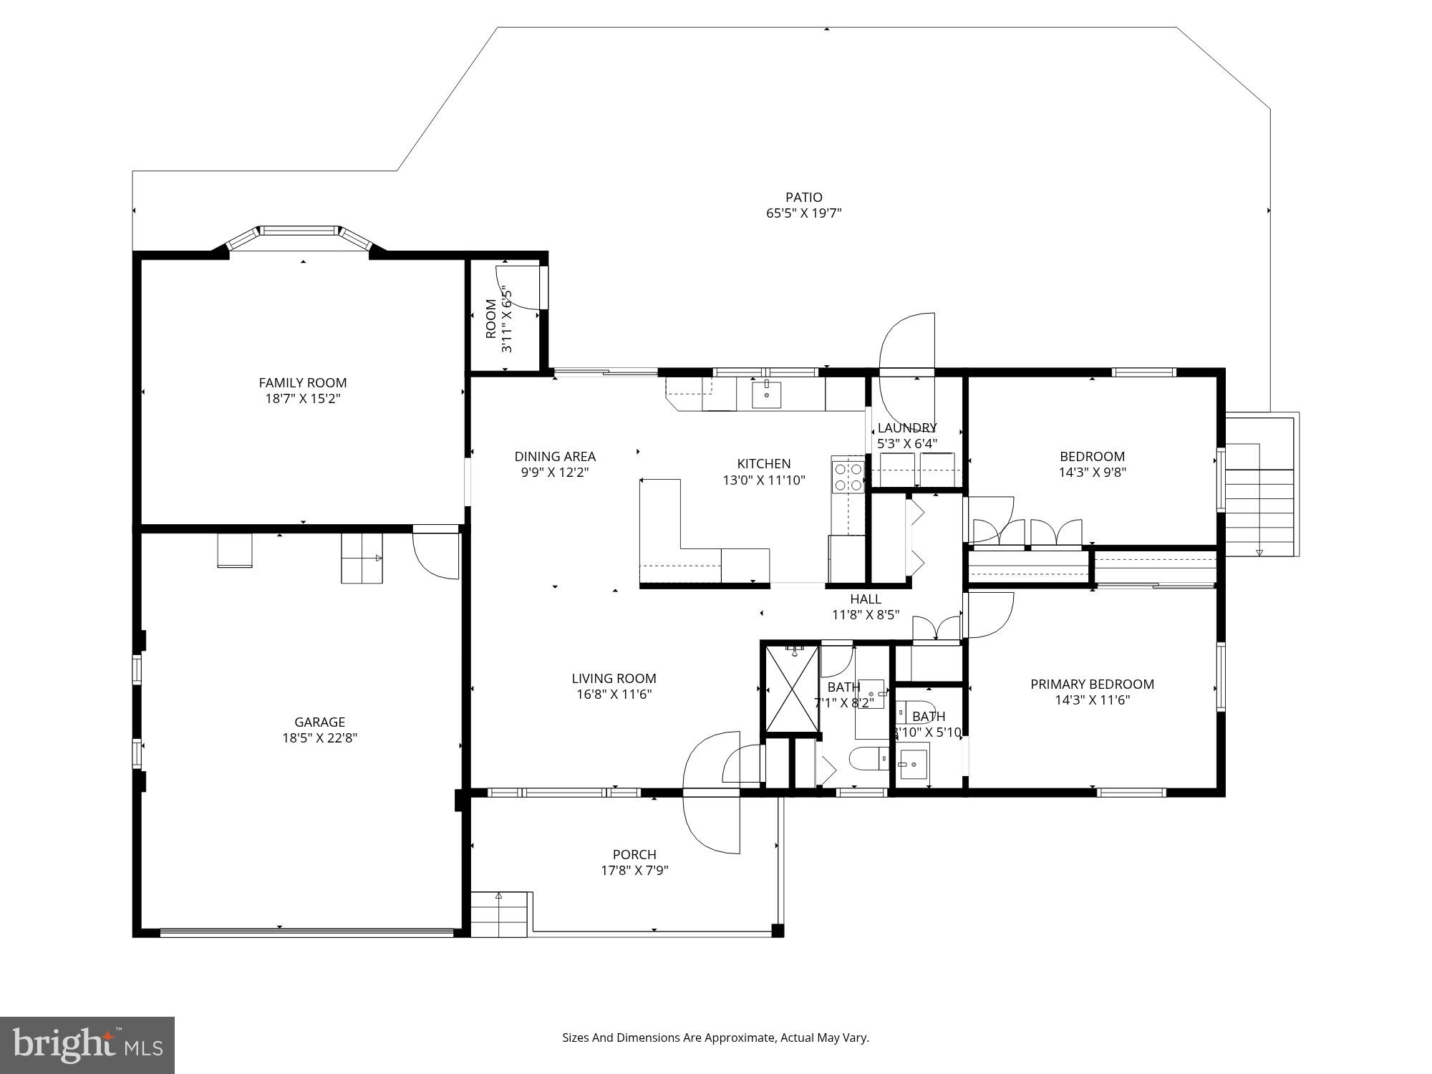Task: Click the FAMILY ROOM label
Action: (x=302, y=383)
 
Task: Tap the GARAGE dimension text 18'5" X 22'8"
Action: (x=319, y=738)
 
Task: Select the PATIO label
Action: (x=803, y=197)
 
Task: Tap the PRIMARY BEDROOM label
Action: (x=1092, y=684)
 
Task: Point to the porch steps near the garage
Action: (x=499, y=915)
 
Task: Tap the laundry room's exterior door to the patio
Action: (x=907, y=344)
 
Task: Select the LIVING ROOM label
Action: (x=614, y=678)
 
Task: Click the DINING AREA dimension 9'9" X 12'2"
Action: (x=555, y=473)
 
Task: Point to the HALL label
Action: (x=865, y=599)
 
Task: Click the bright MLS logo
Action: (x=87, y=1045)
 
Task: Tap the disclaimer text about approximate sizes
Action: (x=715, y=1037)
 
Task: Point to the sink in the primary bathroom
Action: (x=914, y=765)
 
